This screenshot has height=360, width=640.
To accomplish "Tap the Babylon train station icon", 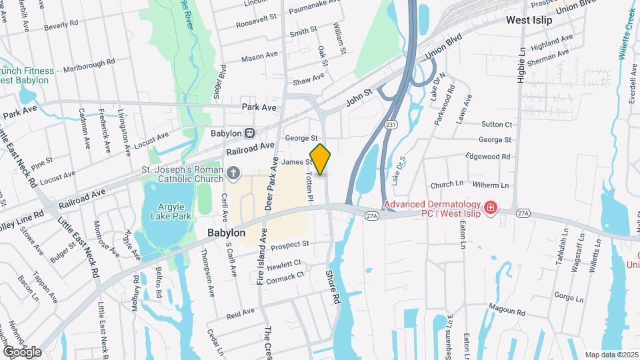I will point(249,133).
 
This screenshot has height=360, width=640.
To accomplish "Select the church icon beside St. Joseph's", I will point(233,175).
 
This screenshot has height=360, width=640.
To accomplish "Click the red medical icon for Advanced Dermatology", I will point(491,209).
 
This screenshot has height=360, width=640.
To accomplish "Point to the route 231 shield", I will point(391,124).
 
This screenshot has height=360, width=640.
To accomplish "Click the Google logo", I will point(22,351).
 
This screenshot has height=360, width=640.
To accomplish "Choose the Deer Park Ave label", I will point(273,183).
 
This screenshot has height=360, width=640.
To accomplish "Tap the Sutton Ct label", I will point(497,124).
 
